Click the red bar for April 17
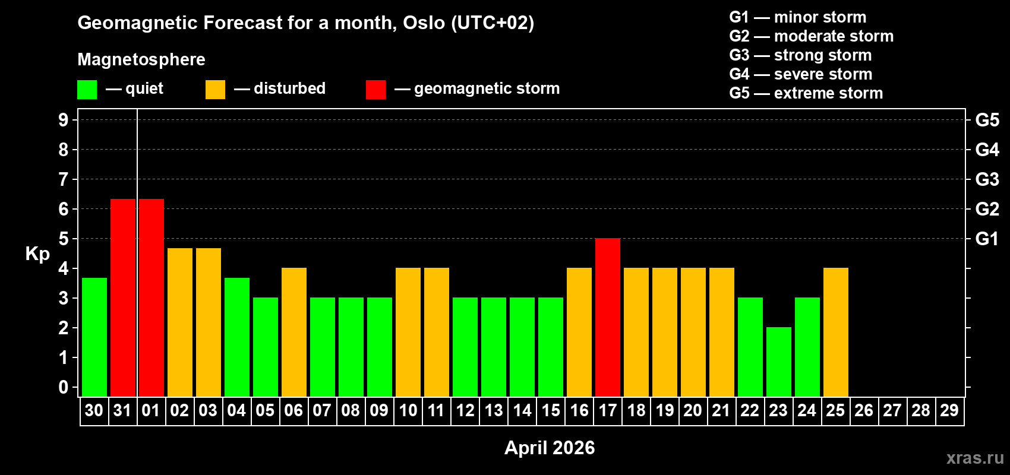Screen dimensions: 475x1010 click(608, 317)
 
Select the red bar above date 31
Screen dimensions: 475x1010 click(123, 297)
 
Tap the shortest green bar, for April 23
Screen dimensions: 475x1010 click(779, 362)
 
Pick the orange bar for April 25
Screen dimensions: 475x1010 click(836, 332)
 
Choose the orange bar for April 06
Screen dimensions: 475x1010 click(294, 332)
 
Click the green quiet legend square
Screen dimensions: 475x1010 click(87, 90)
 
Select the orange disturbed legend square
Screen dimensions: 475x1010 click(215, 90)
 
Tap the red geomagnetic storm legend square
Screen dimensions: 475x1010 click(375, 90)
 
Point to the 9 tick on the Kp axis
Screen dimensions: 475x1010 click(64, 120)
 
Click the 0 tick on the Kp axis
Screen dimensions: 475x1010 click(64, 388)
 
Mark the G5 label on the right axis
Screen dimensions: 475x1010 click(987, 120)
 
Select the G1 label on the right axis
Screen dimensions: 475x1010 click(987, 239)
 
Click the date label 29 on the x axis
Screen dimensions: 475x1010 click(949, 410)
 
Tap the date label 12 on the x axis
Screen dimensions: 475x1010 click(465, 410)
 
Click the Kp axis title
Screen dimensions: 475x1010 click(37, 254)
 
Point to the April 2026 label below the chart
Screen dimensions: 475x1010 click(550, 448)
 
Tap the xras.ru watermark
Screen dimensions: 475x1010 click(975, 458)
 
